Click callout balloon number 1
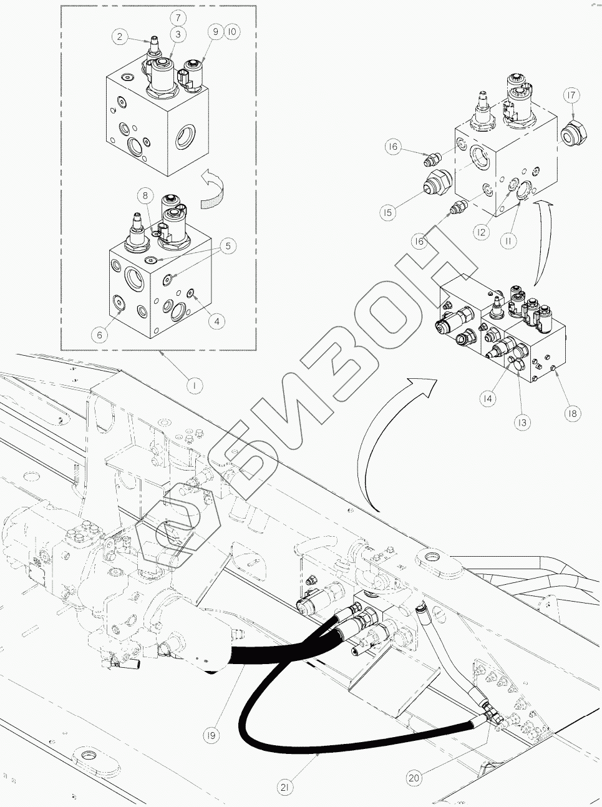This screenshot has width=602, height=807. click(x=195, y=386)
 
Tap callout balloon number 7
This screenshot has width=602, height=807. click(x=178, y=17)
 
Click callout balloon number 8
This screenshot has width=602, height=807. click(x=145, y=195)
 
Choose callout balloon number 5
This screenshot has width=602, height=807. click(x=228, y=246)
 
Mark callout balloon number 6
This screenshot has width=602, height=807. click(x=99, y=335)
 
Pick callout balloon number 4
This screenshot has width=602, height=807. click(x=216, y=321)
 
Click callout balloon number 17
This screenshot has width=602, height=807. click(x=571, y=95)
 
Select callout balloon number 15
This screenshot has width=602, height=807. click(x=388, y=213)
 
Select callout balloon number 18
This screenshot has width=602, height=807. click(x=571, y=413)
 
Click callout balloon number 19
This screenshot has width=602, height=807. click(x=212, y=736)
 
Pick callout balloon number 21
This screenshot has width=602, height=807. click(x=284, y=788)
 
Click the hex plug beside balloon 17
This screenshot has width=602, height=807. click(x=570, y=133)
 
